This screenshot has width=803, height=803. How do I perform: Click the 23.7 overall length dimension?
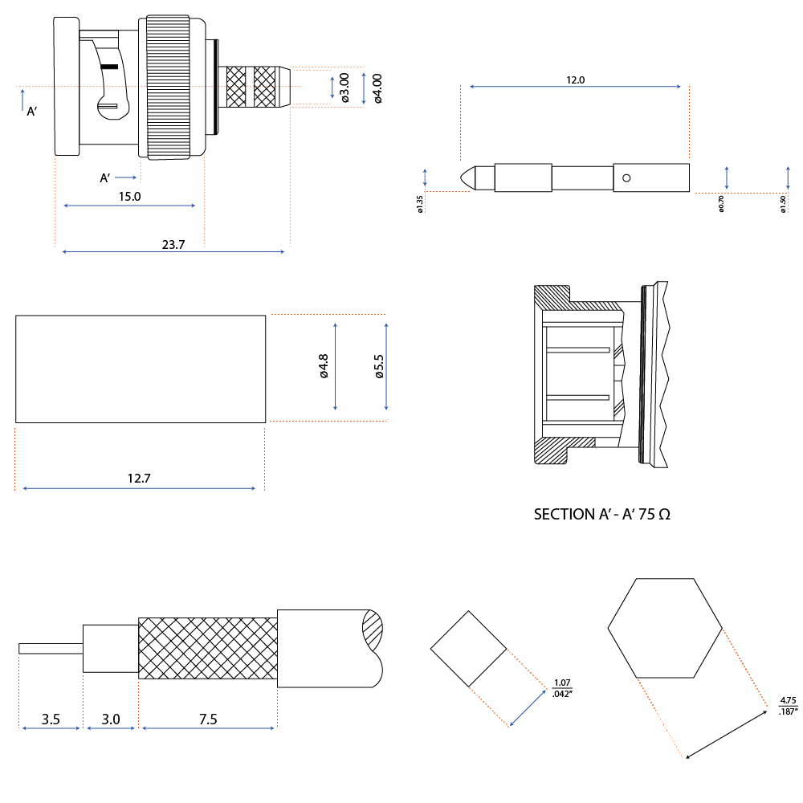click(173, 245)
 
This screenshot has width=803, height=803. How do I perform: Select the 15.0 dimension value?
click(129, 197)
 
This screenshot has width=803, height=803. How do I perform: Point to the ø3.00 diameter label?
click(344, 87)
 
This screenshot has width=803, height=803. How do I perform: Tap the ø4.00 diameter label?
click(377, 88)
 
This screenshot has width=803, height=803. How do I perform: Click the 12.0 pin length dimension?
click(575, 79)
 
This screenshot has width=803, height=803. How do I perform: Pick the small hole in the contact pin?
click(626, 178)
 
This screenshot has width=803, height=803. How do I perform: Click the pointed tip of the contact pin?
click(461, 177)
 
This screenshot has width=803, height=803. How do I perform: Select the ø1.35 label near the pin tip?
click(420, 204)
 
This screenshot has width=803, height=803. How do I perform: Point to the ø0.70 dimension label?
click(721, 203)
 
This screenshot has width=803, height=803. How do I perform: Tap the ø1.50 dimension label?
click(782, 204)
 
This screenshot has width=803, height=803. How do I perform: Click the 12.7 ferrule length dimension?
click(139, 479)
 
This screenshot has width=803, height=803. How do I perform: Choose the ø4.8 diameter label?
click(324, 366)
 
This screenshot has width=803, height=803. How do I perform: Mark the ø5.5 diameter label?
click(379, 366)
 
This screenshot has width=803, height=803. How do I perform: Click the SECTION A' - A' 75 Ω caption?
click(601, 514)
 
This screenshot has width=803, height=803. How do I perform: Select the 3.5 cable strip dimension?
click(51, 719)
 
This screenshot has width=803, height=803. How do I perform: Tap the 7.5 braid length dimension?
click(208, 719)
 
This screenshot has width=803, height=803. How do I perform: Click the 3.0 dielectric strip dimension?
click(111, 719)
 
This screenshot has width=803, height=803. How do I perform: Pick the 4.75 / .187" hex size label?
click(789, 706)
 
